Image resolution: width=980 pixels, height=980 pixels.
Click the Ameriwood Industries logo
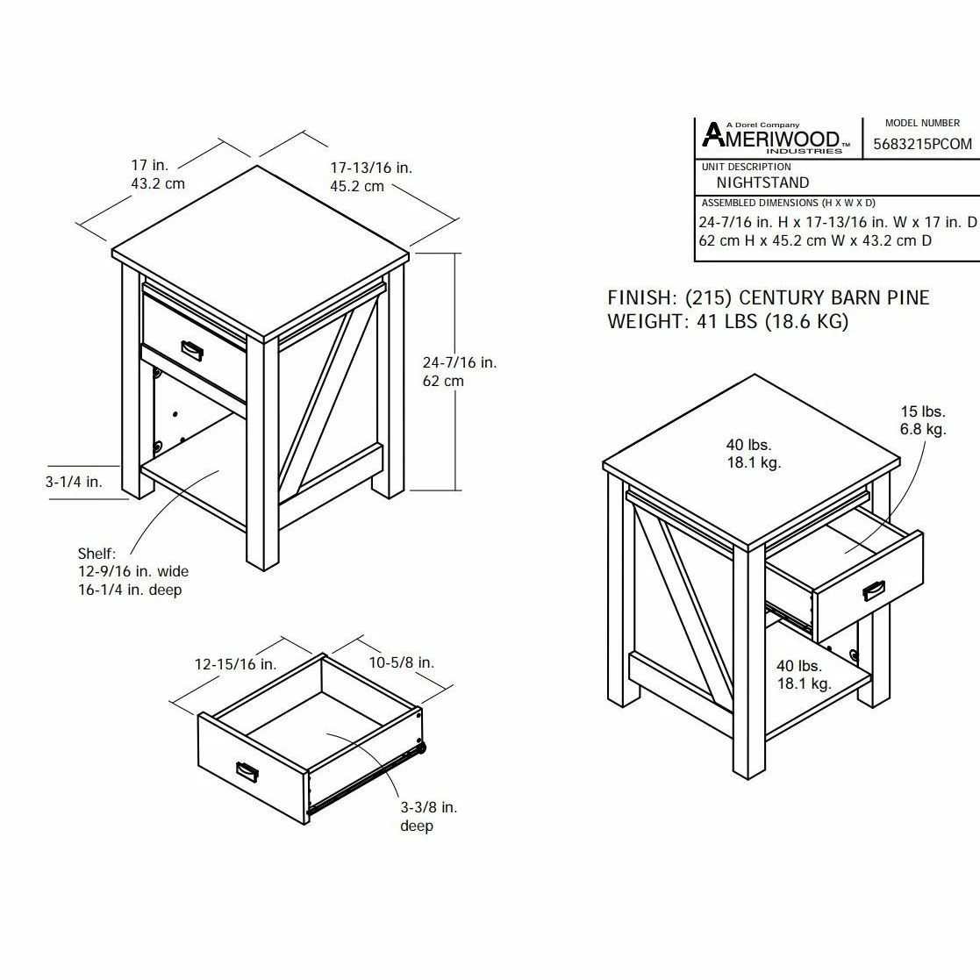(775, 138)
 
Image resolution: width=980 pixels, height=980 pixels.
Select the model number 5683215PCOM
(922, 145)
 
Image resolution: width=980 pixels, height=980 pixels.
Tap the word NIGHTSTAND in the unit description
(762, 182)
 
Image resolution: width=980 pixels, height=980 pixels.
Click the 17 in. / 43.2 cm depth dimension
(158, 175)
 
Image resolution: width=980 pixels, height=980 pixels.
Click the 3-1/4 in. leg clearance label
(74, 482)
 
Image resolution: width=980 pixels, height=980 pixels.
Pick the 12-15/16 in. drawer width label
(236, 664)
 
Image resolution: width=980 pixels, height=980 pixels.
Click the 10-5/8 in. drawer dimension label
(401, 662)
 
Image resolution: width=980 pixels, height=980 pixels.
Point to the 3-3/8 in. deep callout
(429, 816)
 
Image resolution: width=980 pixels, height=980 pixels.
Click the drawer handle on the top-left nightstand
(192, 350)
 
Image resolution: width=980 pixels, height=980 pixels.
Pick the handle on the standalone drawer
(247, 770)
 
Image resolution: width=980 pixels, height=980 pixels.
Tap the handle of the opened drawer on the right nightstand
(873, 590)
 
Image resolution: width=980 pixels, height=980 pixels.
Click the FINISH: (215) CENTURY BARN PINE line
(769, 297)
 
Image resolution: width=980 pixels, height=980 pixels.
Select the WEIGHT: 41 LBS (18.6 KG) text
(728, 321)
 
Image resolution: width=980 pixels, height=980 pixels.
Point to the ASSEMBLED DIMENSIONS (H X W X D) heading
(788, 204)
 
